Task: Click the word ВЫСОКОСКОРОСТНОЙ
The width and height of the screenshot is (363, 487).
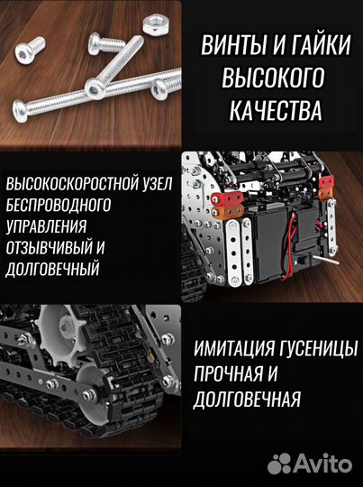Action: (x=68, y=184)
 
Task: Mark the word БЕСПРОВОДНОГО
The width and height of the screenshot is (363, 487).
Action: (x=59, y=205)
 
